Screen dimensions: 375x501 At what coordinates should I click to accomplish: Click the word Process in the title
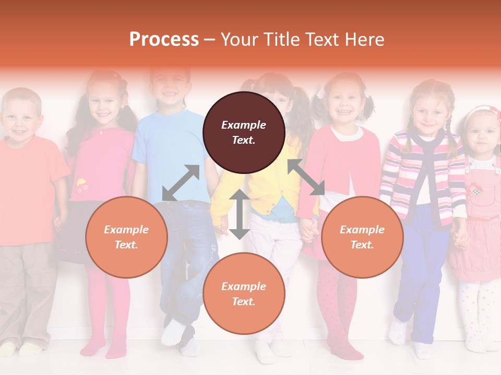click(164, 40)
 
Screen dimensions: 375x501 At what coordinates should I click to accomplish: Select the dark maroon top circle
click(244, 132)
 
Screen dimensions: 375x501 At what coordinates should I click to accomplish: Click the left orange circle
click(126, 237)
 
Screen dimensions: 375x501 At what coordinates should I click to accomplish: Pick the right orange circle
click(362, 237)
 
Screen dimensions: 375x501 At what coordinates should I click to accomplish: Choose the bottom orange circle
click(244, 294)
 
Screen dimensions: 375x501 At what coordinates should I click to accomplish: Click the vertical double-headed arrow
click(239, 214)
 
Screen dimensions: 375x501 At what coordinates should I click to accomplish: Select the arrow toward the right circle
click(306, 177)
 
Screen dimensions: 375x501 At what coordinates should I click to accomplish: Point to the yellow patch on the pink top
click(81, 183)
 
